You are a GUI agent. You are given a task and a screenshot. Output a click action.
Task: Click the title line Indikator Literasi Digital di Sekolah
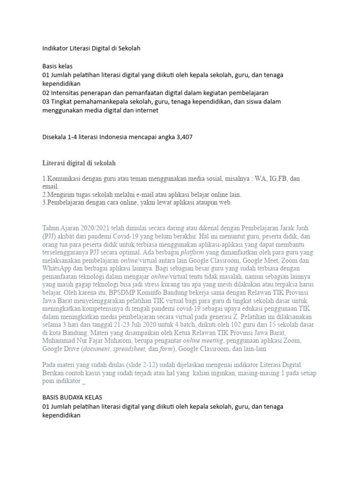[x=91, y=48]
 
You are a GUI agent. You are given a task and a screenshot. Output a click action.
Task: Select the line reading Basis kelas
[x=57, y=66]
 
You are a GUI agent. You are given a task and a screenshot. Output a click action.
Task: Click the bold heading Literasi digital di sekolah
[x=79, y=163]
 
